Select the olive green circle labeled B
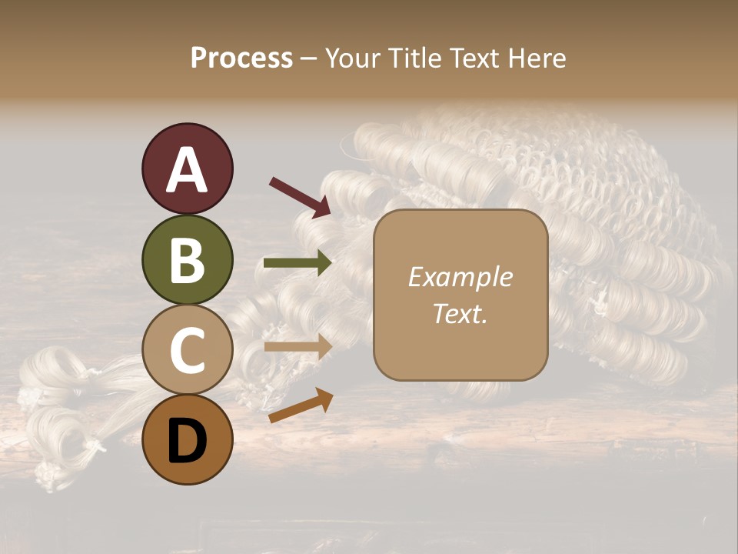(187, 259)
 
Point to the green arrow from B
(298, 263)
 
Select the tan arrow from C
(298, 347)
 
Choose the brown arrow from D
(301, 405)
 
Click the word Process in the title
(241, 58)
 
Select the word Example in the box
(460, 277)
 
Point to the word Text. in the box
(460, 313)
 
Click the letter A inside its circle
(187, 170)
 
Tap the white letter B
(187, 259)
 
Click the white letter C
(187, 350)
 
